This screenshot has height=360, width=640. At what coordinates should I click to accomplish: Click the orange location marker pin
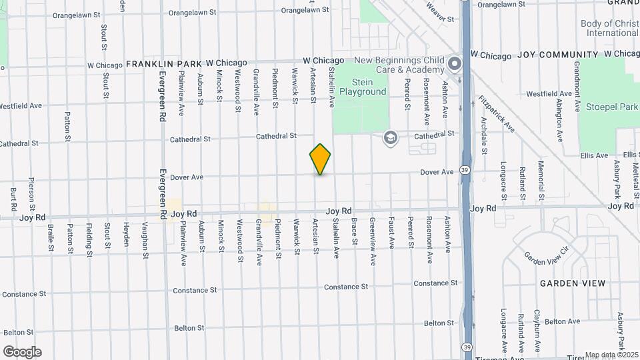click(x=320, y=159)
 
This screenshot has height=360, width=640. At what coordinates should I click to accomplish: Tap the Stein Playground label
click(x=360, y=87)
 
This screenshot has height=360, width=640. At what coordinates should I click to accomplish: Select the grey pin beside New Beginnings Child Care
click(x=455, y=65)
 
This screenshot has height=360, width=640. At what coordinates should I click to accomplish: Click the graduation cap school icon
click(x=389, y=138)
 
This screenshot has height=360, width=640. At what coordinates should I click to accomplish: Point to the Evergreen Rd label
click(x=162, y=193)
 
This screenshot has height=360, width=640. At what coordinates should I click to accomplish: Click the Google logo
click(x=22, y=351)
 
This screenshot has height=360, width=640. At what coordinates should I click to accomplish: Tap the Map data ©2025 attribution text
click(x=612, y=355)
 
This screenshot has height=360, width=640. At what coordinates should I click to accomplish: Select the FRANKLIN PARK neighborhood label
click(x=164, y=64)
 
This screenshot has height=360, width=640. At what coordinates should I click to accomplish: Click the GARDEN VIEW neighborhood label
click(x=573, y=283)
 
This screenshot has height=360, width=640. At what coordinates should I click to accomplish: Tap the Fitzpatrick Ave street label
click(x=496, y=113)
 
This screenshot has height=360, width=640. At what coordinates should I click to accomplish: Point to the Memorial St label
click(x=541, y=180)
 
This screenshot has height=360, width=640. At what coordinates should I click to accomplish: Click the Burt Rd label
click(x=13, y=201)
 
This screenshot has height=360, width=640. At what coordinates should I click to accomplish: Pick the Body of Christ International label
click(x=609, y=28)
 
